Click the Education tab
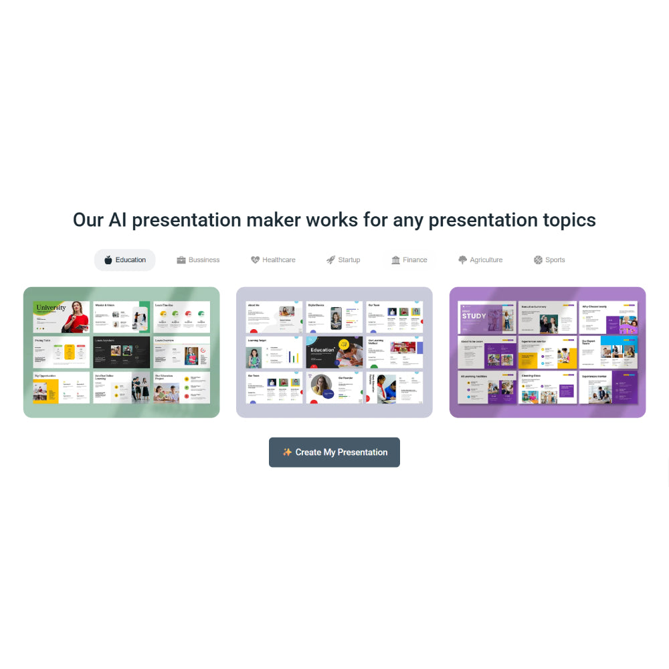click(x=125, y=260)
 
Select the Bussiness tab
click(x=198, y=260)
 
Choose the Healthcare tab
click(x=273, y=260)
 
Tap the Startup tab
click(x=343, y=260)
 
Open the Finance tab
click(x=409, y=260)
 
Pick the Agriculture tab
click(x=480, y=260)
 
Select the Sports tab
click(x=549, y=260)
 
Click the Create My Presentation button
click(x=334, y=452)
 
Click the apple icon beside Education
click(x=108, y=260)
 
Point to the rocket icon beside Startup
click(x=330, y=260)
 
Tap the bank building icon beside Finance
click(x=396, y=260)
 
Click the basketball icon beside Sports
click(x=538, y=260)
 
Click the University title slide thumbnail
click(x=61, y=317)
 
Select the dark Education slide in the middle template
click(x=334, y=352)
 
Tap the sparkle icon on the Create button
click(x=287, y=452)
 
